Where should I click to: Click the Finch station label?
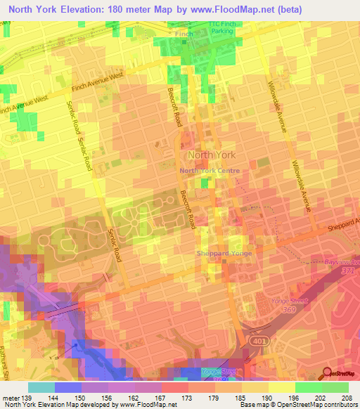[184, 33]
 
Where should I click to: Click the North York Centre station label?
[210, 171]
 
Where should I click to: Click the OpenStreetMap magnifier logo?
[327, 373]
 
